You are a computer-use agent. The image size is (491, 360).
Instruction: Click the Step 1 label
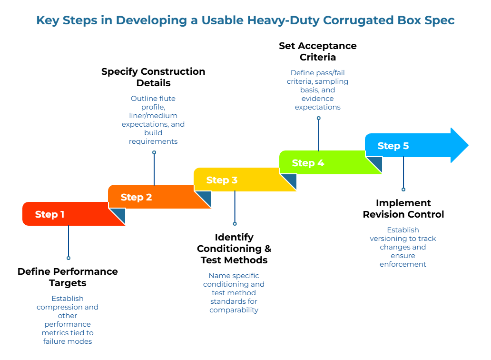[49, 215]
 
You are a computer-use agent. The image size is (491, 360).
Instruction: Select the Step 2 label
[136, 197]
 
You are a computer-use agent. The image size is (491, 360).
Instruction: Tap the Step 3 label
[222, 180]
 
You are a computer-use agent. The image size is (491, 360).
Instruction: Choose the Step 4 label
[308, 163]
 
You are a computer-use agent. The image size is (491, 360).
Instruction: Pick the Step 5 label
[393, 146]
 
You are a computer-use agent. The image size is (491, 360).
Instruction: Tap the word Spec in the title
[440, 20]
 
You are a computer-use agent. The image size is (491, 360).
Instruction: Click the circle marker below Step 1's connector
[69, 258]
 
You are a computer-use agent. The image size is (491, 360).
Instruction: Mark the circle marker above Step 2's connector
[154, 152]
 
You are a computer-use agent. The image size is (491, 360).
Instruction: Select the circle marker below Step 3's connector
[235, 223]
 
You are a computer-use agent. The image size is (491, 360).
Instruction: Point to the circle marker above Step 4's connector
[319, 118]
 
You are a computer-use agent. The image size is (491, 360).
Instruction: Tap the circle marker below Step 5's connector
[403, 190]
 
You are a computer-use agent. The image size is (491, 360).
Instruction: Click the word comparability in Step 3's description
[234, 310]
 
